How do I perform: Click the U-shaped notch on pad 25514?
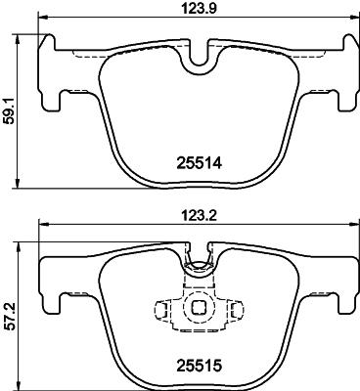[x=200, y=59]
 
